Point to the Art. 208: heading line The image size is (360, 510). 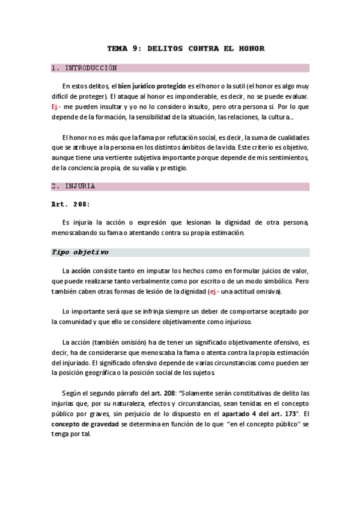coord(70,204)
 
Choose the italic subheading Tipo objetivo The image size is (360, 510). coord(80,252)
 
